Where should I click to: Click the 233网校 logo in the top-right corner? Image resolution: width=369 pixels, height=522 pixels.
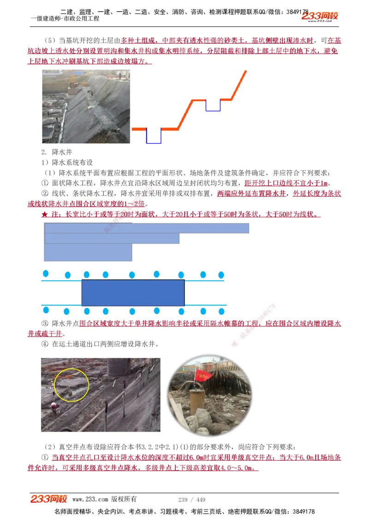(320, 17)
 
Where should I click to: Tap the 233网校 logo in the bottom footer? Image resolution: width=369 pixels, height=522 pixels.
(49, 499)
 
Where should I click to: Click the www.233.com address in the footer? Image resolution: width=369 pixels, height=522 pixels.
(90, 499)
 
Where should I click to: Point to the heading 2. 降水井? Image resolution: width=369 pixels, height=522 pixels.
(57, 152)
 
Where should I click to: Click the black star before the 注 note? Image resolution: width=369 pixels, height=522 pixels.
(44, 214)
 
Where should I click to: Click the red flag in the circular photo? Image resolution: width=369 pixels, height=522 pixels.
(202, 375)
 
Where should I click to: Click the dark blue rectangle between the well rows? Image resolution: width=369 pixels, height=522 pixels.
(133, 292)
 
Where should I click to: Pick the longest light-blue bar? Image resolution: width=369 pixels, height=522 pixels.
(147, 228)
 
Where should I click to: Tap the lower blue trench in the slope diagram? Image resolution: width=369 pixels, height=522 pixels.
(154, 136)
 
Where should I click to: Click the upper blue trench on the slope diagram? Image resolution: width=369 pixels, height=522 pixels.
(213, 105)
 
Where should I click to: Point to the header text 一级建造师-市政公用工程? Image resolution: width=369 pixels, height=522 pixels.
(65, 19)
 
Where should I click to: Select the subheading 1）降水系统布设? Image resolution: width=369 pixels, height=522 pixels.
(67, 162)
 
